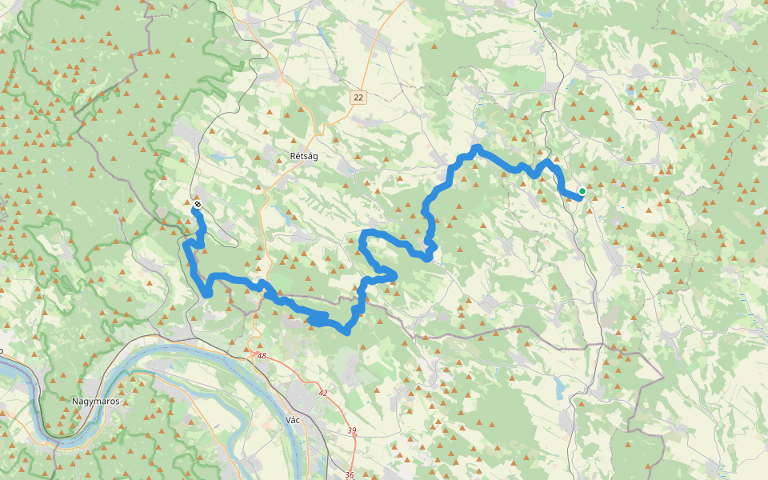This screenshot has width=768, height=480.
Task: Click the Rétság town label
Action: click(303, 156)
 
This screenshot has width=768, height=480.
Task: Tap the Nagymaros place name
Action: click(95, 401)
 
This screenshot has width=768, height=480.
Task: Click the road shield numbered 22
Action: click(358, 97)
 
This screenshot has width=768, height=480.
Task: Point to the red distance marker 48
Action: click(261, 355)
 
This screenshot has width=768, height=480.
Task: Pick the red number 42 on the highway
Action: click(323, 393)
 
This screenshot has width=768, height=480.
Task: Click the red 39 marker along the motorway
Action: click(352, 430)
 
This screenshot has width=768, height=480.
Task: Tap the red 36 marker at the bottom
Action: click(349, 475)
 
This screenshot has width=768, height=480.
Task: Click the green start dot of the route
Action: click(582, 190)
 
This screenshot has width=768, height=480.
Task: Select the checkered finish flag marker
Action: click(197, 205)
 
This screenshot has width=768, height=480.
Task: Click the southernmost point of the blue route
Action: click(346, 331)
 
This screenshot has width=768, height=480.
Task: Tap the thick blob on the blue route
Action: click(318, 320)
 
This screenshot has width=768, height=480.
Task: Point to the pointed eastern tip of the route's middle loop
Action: click(394, 275)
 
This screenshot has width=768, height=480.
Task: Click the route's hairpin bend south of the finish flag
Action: click(207, 294)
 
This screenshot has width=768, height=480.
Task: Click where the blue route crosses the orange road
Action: click(264, 286)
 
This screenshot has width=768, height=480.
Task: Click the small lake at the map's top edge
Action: click(546, 13)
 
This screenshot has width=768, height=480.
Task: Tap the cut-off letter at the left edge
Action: click(2, 350)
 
